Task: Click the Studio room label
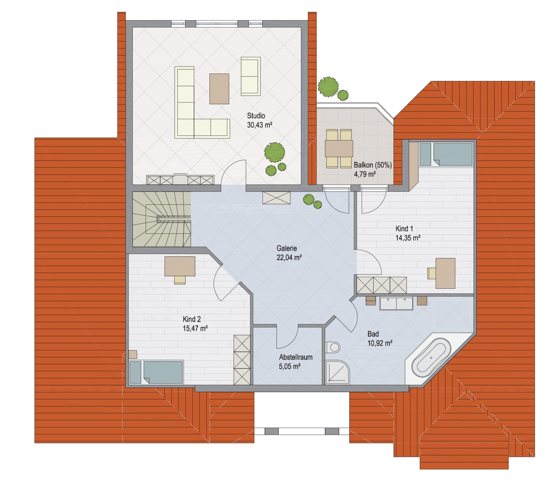point(256,116)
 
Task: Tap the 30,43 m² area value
point(259,125)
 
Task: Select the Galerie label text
point(287,249)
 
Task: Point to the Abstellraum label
point(296,357)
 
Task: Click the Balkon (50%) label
point(372,165)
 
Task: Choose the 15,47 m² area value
point(195,328)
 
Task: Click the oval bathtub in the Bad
point(431,358)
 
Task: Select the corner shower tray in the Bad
point(337,372)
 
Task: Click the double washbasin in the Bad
point(396,303)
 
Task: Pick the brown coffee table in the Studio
point(219,89)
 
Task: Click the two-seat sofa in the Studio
point(251,76)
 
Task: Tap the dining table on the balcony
point(339,148)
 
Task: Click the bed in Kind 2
point(156,372)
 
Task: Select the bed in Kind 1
point(446,154)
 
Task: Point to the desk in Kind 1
point(445,273)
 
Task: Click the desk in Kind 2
point(180,266)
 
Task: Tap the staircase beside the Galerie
point(162,219)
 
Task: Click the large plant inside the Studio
point(275,152)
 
